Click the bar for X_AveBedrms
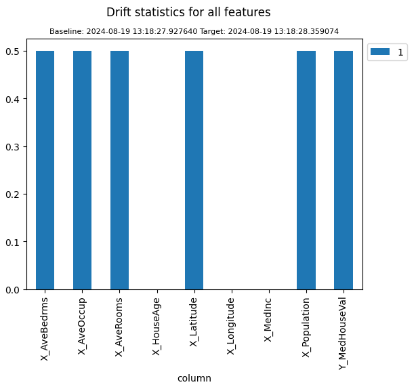click(x=45, y=170)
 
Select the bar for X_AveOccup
click(x=82, y=170)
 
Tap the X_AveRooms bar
click(x=119, y=170)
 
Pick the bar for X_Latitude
click(x=194, y=170)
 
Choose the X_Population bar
click(x=306, y=170)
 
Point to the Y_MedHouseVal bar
click(x=343, y=170)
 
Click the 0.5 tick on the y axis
click(x=14, y=52)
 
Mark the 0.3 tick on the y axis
click(x=14, y=147)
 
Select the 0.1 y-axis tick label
click(x=14, y=242)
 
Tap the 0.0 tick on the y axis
click(x=14, y=290)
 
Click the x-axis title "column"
click(x=194, y=378)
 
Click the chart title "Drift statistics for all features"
click(x=188, y=12)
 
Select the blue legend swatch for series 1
click(x=380, y=52)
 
